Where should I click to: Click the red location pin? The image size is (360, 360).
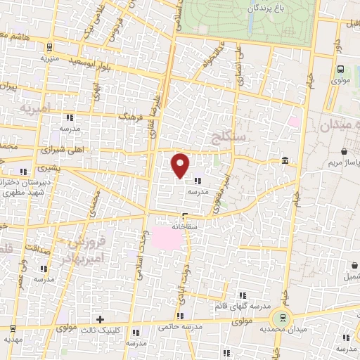click(181, 165)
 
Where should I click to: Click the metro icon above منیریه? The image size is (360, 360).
click(49, 48)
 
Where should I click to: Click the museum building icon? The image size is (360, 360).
click(284, 161)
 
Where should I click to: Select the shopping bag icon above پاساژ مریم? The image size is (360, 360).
click(343, 152)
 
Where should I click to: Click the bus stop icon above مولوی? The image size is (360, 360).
click(341, 69)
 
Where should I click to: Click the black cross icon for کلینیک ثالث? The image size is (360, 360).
click(101, 320)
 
